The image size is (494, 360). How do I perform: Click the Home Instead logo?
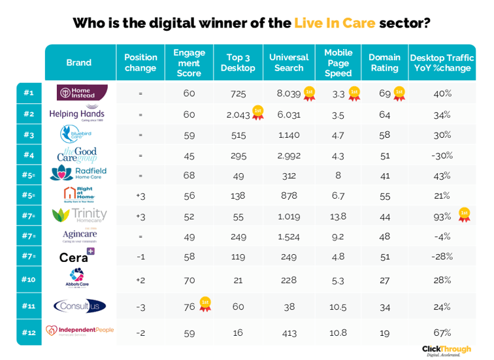82,93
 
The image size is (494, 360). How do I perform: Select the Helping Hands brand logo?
77,114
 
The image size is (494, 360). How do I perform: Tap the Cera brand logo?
77,256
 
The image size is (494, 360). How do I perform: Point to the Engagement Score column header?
189,63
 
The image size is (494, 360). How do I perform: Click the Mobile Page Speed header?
338,63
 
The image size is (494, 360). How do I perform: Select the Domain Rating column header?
384,63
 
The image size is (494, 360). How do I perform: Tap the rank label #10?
29,280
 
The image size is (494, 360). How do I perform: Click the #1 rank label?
29,93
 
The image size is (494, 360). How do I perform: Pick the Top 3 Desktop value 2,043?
238,114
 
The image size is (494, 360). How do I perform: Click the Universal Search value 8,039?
288,93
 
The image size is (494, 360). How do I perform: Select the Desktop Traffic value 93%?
442,216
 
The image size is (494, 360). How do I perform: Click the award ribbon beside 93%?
464,215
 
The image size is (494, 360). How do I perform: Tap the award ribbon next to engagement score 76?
205,305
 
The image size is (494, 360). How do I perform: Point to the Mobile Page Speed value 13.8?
338,216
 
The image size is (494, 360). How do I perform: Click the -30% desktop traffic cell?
442,155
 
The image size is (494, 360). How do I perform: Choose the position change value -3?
140,306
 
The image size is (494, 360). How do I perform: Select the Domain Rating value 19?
384,332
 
